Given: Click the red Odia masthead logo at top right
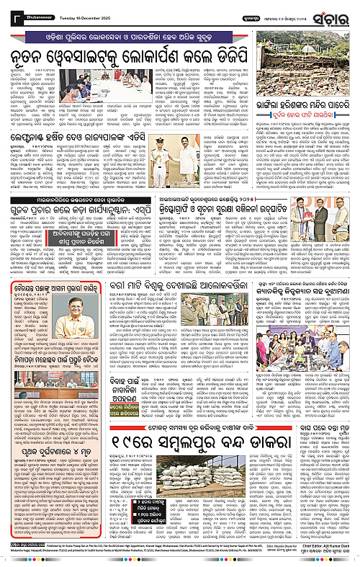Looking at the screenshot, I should pos(333,15).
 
